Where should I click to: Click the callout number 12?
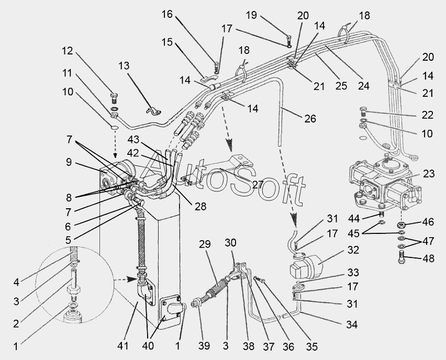click(68, 51)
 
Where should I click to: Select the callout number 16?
click(167, 14)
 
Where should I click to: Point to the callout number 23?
click(428, 174)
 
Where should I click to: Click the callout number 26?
click(310, 119)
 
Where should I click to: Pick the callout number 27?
click(258, 185)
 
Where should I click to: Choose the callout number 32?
click(352, 250)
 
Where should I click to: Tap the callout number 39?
click(204, 346)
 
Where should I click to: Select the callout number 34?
click(352, 325)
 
